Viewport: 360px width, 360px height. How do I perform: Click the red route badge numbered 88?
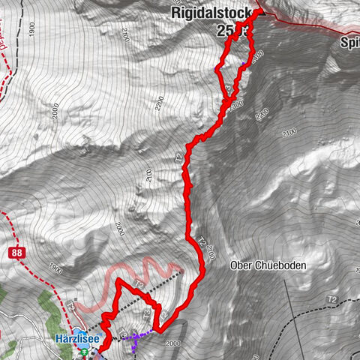pos(16,253)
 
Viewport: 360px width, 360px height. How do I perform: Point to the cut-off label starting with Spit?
pos(349,43)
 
